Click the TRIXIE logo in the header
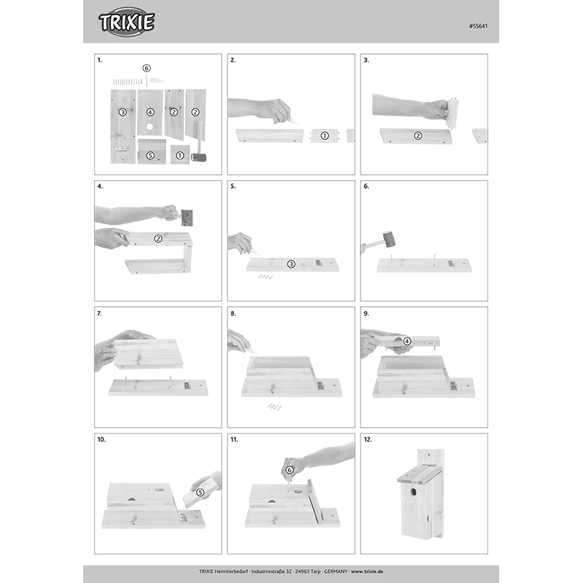pyautogui.click(x=126, y=22)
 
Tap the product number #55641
pyautogui.click(x=478, y=26)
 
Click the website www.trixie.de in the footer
pyautogui.click(x=367, y=571)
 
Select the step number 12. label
pyautogui.click(x=368, y=439)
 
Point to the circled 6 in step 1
pyautogui.click(x=146, y=68)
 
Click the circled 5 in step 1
pyautogui.click(x=150, y=155)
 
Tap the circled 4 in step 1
pyautogui.click(x=150, y=112)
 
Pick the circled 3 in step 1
pyautogui.click(x=122, y=112)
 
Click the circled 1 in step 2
pyautogui.click(x=324, y=136)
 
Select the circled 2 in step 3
pyautogui.click(x=418, y=136)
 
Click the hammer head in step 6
pyautogui.click(x=388, y=239)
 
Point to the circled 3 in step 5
pyautogui.click(x=291, y=264)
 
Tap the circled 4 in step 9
pyautogui.click(x=407, y=341)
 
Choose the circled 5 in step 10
pyautogui.click(x=200, y=493)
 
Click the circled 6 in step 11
pyautogui.click(x=289, y=470)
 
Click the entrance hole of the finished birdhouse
pyautogui.click(x=413, y=492)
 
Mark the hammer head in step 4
pyautogui.click(x=187, y=217)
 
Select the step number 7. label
pyautogui.click(x=99, y=313)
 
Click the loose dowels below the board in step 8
pyautogui.click(x=275, y=407)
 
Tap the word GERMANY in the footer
pyautogui.click(x=336, y=571)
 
